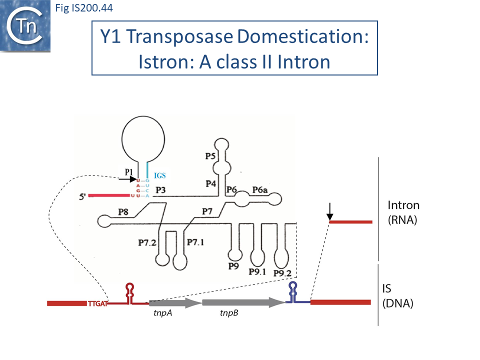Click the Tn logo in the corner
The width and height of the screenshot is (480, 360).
pos(25,26)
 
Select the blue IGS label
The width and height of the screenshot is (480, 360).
pos(159,175)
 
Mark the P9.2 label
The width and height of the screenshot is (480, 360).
pos(282,272)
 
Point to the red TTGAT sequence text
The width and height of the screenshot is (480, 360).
pos(97,303)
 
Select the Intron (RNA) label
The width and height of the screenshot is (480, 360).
pos(403,212)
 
